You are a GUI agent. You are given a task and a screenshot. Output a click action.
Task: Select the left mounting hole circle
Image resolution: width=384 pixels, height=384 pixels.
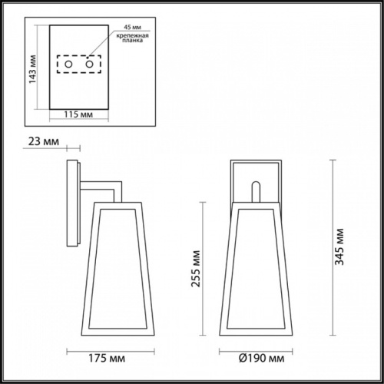68,66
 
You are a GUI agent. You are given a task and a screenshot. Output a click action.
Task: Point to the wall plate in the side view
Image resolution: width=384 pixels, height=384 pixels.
74,204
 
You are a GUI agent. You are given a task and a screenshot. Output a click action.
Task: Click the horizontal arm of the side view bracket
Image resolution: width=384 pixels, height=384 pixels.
100,184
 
